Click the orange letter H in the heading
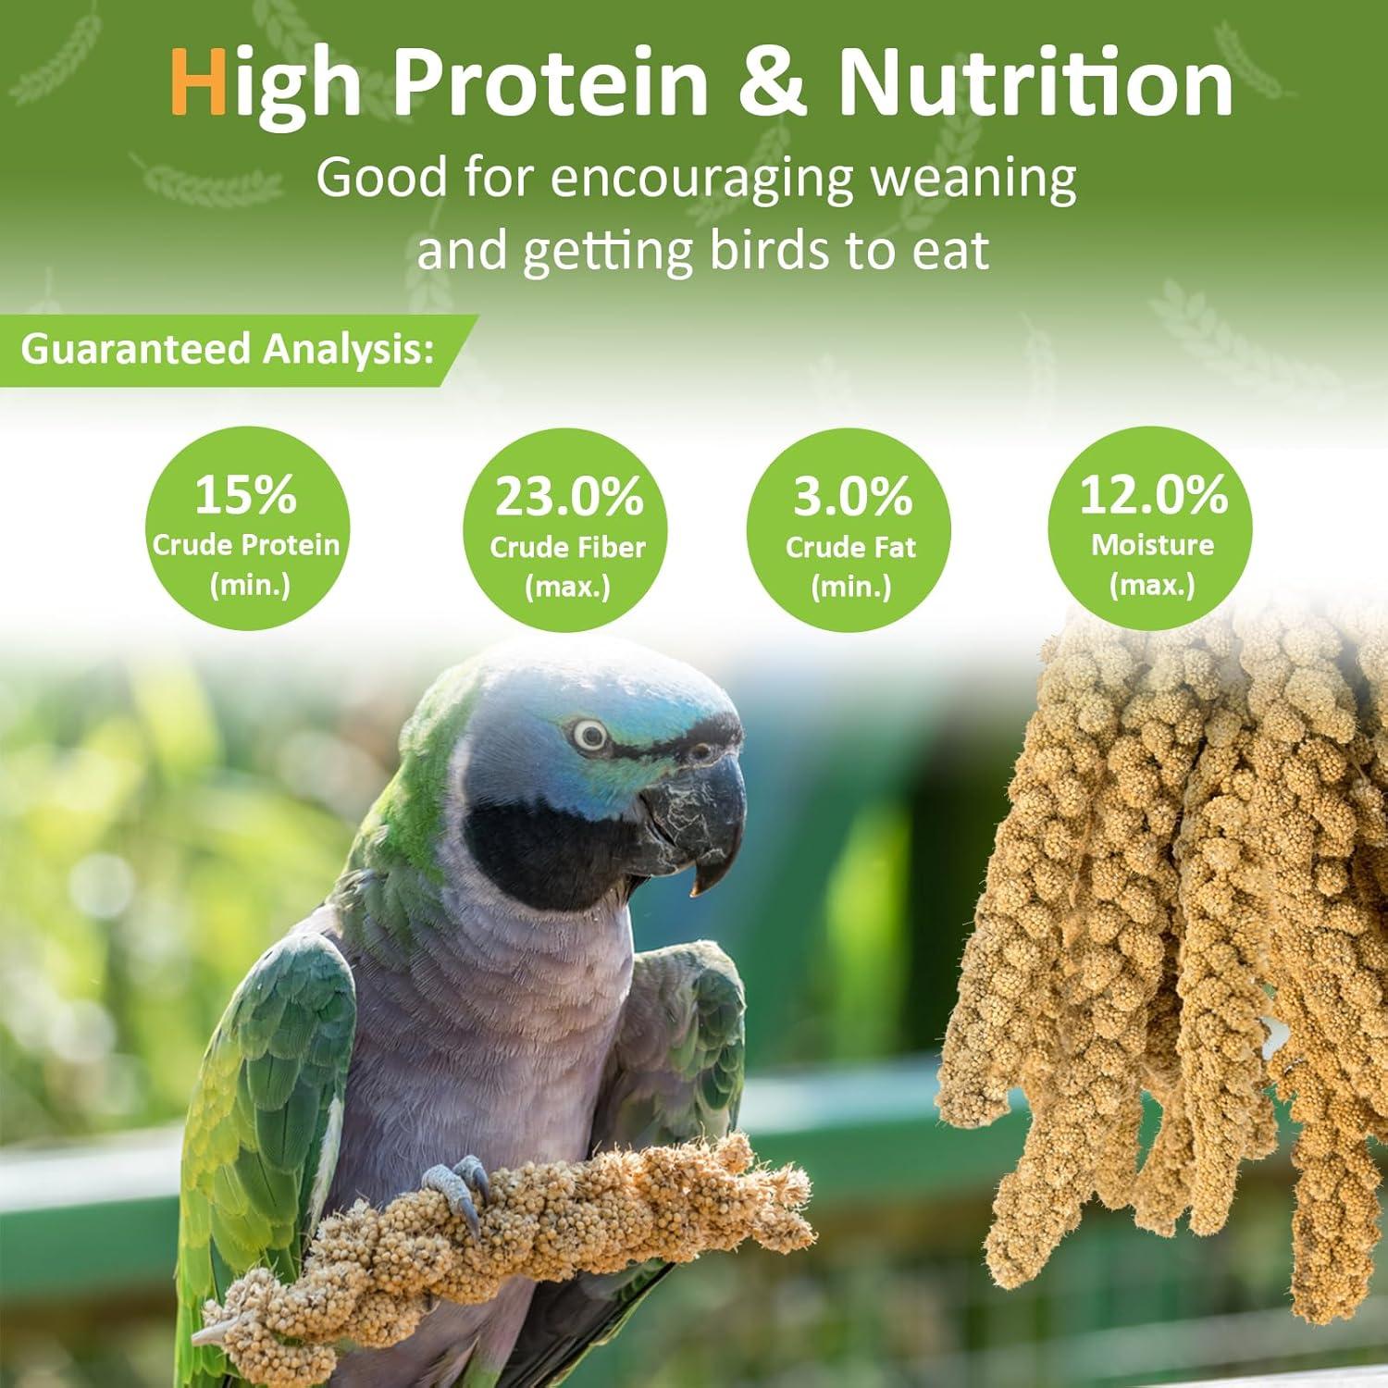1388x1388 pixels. (199, 84)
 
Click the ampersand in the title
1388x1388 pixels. (778, 84)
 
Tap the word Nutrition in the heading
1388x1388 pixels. (1035, 84)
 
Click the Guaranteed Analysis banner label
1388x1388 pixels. (228, 350)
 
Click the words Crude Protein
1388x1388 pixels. (245, 545)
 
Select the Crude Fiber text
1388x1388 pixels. (567, 548)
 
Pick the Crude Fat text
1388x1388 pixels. (850, 548)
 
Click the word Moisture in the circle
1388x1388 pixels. (1152, 545)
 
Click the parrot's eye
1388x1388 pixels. (589, 736)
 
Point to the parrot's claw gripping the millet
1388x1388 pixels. (458, 1189)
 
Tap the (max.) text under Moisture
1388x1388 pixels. (1152, 585)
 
